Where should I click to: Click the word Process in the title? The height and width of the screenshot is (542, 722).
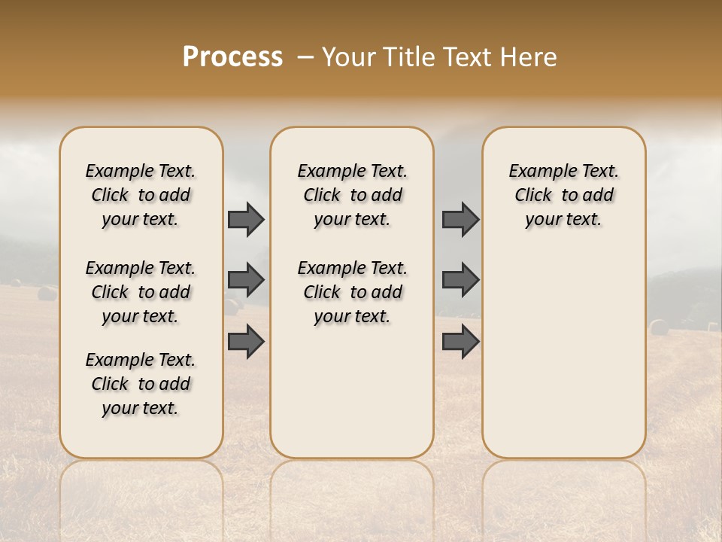coord(232,57)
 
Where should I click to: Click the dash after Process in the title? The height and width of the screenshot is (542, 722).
coord(305,58)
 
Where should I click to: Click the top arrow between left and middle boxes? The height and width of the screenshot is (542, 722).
coord(246,220)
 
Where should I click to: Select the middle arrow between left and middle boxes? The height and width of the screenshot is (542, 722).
coord(246,281)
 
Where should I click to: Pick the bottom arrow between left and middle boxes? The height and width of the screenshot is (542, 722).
coord(246,342)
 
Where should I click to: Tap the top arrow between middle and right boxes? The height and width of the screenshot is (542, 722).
coord(460,220)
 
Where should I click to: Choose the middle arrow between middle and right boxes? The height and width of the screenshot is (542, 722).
coord(460,281)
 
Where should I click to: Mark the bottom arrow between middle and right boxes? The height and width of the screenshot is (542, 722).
coord(460,342)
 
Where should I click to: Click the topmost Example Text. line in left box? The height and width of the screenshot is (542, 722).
coord(141,171)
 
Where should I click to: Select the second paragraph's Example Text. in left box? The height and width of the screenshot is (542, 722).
coord(141,268)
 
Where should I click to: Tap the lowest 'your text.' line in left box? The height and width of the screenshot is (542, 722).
coord(141,408)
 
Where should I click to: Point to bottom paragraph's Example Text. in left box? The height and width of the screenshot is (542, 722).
coord(141,360)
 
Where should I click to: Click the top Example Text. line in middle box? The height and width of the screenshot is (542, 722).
coord(352,171)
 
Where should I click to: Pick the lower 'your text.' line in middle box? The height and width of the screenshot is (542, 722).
coord(352,316)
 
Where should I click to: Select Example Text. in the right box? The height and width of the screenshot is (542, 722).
coord(564,171)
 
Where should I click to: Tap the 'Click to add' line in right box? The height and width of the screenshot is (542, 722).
coord(564,195)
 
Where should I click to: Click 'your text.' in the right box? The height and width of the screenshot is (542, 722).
coord(564,219)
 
